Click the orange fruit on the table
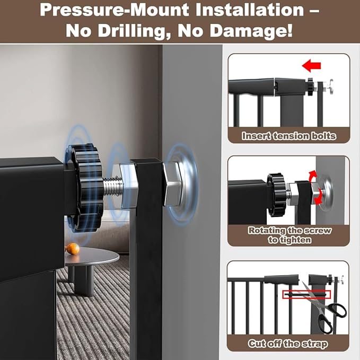(x=71, y=248)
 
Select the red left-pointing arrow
(x=311, y=66)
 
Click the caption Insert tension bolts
(x=288, y=136)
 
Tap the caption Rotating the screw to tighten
(x=288, y=235)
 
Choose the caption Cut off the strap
(x=288, y=344)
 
